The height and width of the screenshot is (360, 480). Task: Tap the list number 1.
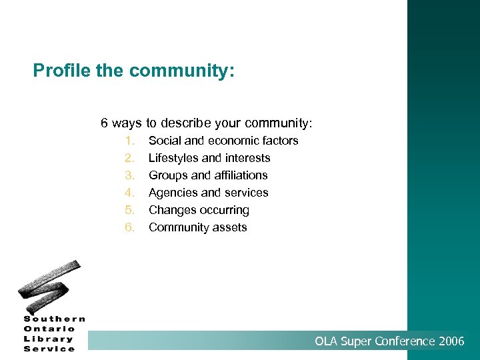pos(129,141)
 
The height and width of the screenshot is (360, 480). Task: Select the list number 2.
pos(129,158)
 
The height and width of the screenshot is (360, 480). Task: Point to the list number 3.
pos(129,175)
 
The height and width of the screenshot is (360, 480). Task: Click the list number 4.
pos(129,193)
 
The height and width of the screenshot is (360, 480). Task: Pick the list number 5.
pos(129,210)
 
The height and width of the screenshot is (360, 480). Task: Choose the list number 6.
pos(129,227)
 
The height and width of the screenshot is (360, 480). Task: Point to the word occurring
pos(225,210)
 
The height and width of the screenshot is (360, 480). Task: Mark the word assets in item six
pos(230,227)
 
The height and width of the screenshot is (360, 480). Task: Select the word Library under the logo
pos(48,339)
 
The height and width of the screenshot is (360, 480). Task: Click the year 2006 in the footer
pos(452,341)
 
